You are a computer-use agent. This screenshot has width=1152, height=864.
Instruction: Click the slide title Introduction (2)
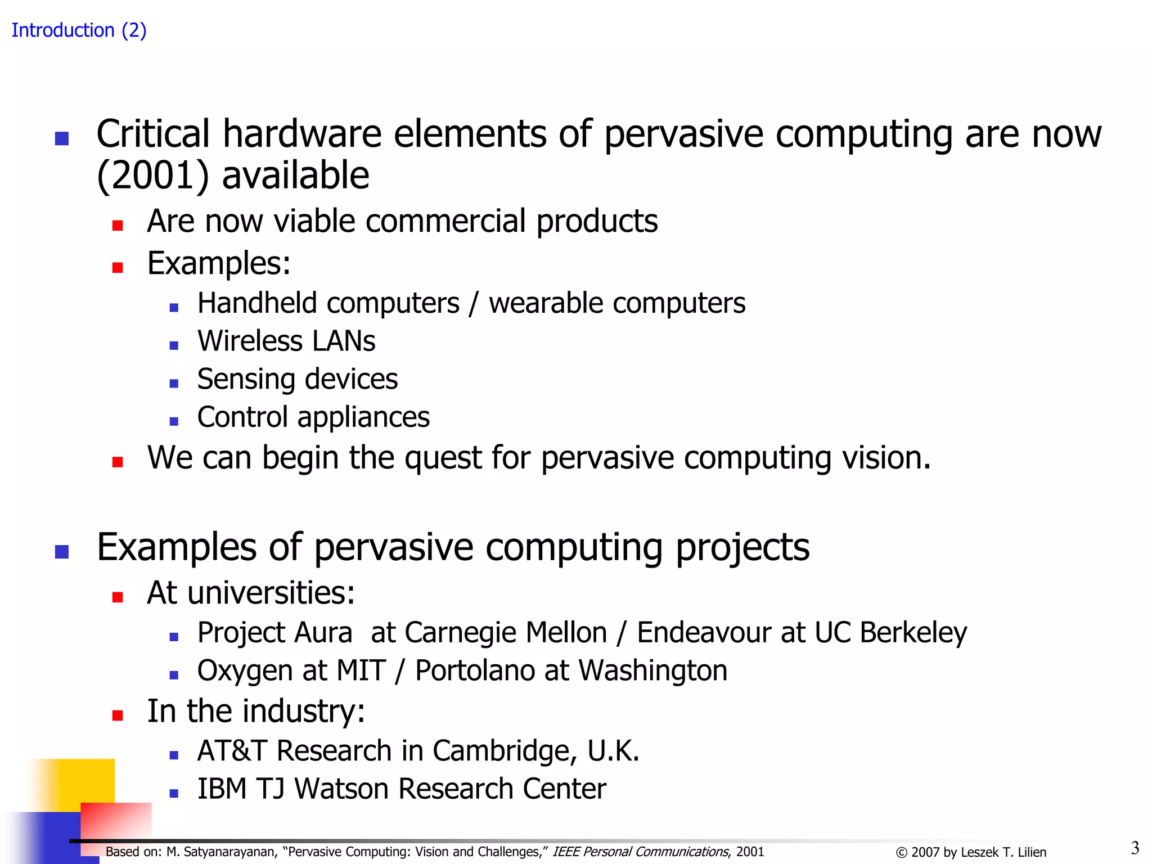[79, 30]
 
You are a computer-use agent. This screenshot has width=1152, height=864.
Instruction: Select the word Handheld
[257, 303]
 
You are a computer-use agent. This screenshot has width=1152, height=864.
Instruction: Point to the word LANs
[344, 341]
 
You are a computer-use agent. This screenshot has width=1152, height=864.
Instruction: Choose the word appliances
[363, 418]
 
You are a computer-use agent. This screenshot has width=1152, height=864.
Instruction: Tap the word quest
[442, 457]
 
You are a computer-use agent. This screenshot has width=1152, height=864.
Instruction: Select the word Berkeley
[913, 632]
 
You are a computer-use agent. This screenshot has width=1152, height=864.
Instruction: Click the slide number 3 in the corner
[1135, 848]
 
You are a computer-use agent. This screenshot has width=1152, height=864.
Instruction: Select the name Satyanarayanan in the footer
[231, 852]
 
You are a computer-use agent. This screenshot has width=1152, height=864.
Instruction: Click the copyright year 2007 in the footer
[925, 853]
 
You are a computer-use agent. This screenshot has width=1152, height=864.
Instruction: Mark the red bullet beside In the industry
[118, 715]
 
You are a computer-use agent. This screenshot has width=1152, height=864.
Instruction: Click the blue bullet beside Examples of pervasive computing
[62, 551]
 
